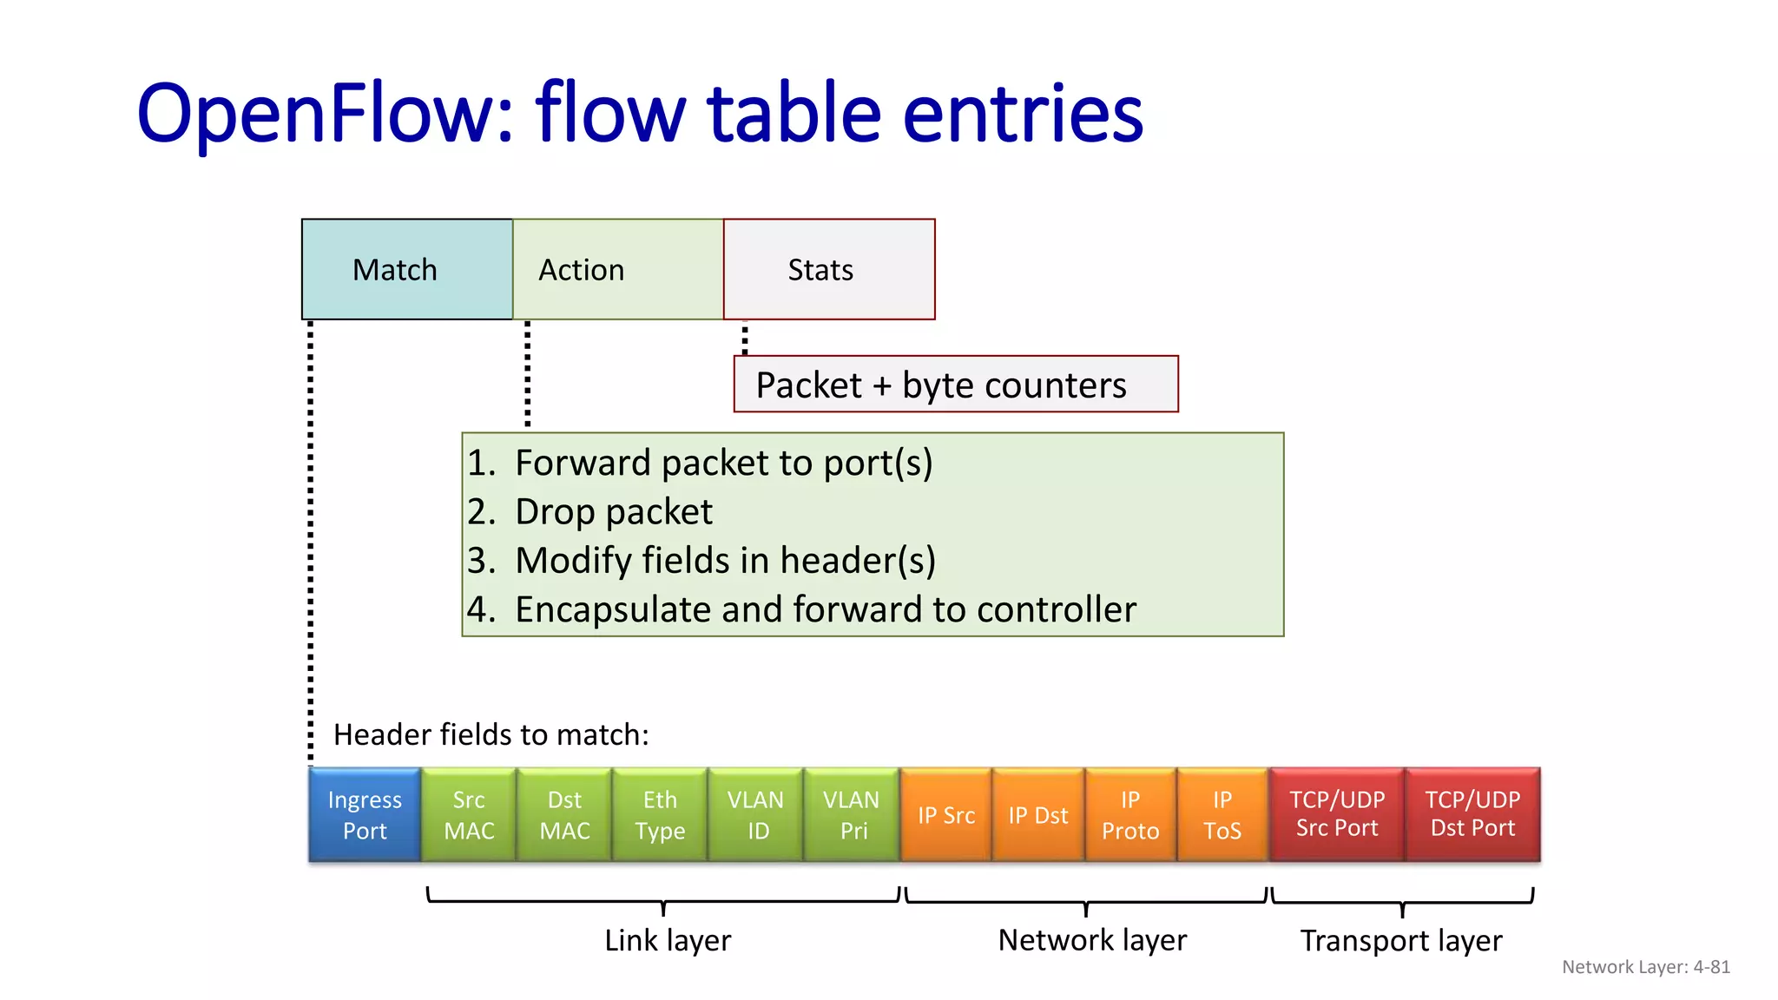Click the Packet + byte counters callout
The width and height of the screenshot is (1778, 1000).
[955, 385]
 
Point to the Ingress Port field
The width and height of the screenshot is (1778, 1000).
[365, 814]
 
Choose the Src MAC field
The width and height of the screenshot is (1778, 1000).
[469, 814]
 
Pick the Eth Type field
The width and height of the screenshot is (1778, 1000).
[660, 814]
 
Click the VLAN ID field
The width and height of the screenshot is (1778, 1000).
[755, 814]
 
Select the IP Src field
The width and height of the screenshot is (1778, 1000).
[945, 815]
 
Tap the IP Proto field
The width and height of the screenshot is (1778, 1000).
[1130, 814]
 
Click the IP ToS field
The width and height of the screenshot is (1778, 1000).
[1222, 814]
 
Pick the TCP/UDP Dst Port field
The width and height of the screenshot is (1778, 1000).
[1472, 814]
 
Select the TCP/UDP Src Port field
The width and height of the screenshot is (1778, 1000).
[1337, 814]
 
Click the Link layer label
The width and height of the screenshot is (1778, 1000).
[668, 940]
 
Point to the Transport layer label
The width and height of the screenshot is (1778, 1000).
[1400, 941]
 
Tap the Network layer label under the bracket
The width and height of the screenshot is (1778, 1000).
[1092, 940]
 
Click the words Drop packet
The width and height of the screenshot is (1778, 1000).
[613, 512]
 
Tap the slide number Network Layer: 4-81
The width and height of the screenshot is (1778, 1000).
[1645, 967]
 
